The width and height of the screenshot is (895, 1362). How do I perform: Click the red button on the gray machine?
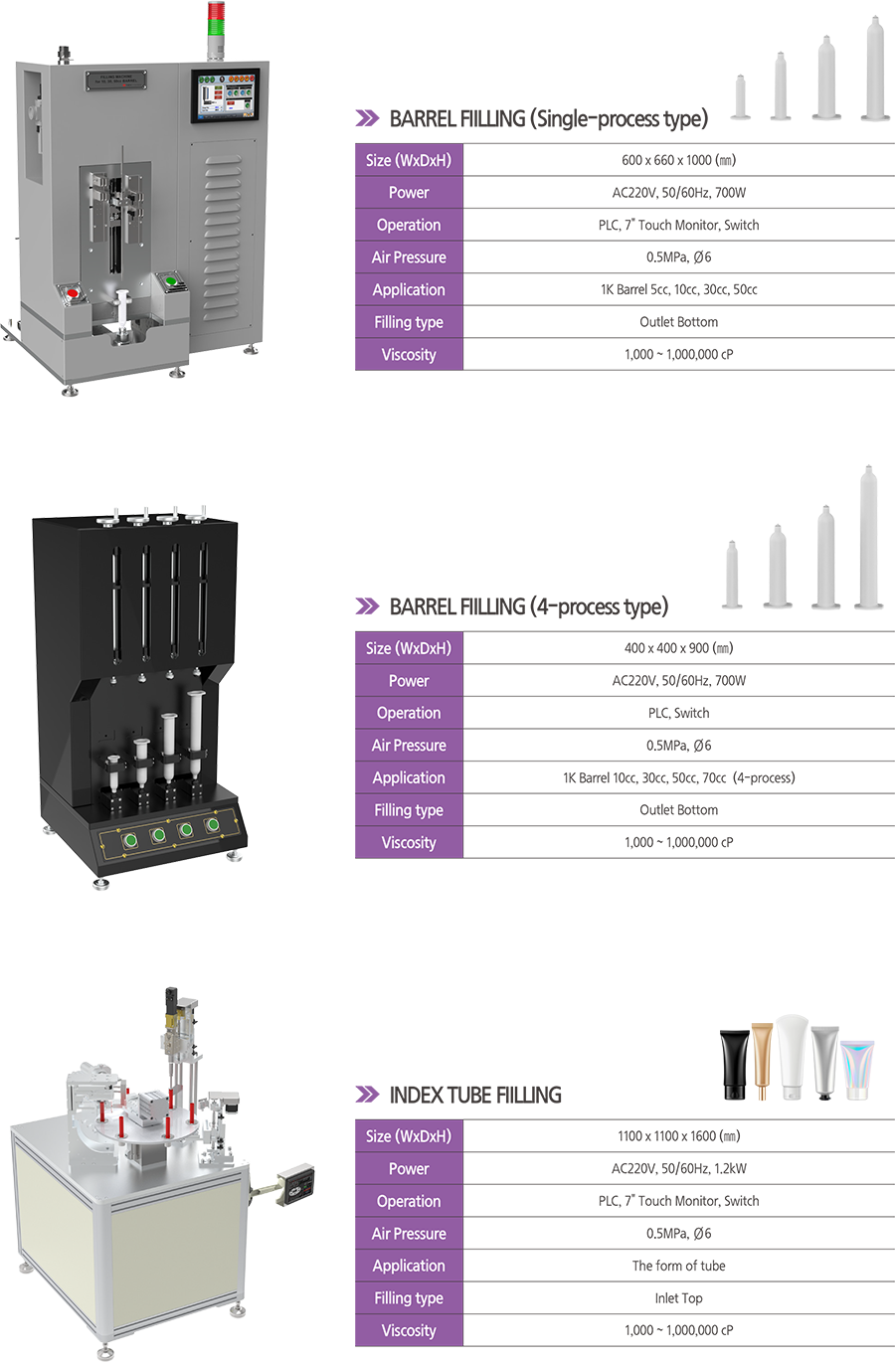click(73, 292)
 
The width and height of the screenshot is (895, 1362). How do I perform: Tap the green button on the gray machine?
click(171, 282)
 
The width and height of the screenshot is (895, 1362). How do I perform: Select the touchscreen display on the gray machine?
click(226, 96)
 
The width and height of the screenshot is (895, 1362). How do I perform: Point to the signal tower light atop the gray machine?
click(215, 24)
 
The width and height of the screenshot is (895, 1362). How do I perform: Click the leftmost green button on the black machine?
click(129, 841)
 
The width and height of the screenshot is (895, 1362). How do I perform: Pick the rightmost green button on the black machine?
click(212, 825)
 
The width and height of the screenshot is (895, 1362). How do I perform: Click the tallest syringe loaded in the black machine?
click(195, 726)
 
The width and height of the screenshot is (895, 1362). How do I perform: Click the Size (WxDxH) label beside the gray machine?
click(408, 160)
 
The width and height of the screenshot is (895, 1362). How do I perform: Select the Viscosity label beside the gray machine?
click(409, 355)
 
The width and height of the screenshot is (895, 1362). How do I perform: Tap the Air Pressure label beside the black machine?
click(409, 746)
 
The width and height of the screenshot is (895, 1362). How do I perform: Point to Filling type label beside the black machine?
click(409, 810)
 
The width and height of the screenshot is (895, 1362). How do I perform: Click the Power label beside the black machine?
click(409, 681)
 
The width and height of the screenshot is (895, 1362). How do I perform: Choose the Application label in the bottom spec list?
click(409, 1266)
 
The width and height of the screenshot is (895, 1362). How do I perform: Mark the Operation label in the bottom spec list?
click(409, 1201)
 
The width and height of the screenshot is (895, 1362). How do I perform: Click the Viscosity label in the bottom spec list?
click(409, 1330)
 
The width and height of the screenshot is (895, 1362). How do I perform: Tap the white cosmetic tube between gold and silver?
click(792, 1034)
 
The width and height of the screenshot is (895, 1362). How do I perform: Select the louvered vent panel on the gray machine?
click(222, 239)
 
